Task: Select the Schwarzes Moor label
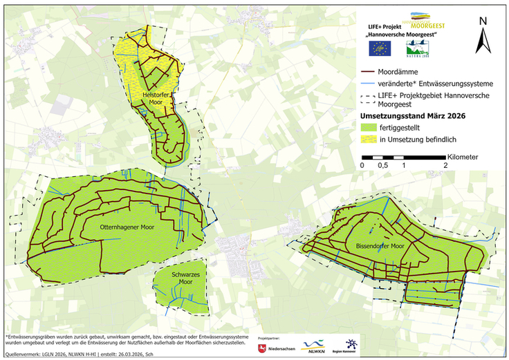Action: (x=181, y=278)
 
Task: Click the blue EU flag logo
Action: (x=380, y=48)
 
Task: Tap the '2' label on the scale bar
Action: (x=445, y=166)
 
